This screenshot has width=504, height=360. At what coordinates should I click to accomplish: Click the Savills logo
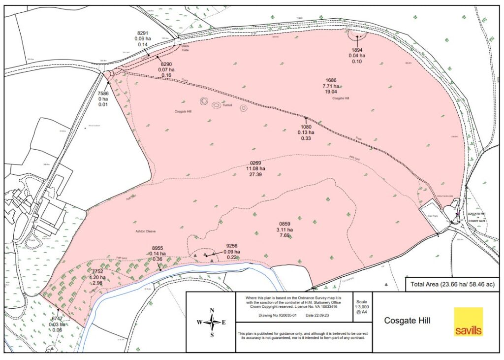[468, 322]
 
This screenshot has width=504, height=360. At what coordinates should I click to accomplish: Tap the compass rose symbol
[212, 323]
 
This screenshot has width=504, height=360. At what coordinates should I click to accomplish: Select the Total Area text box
[450, 284]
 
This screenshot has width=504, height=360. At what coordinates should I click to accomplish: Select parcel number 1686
[331, 80]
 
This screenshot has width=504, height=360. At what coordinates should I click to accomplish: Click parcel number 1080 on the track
[307, 127]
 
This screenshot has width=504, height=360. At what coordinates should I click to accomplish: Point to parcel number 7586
[103, 93]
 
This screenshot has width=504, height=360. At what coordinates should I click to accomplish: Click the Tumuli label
[226, 105]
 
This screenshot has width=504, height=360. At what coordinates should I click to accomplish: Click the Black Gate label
[185, 48]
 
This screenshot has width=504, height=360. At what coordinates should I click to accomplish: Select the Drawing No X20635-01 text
[275, 314]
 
